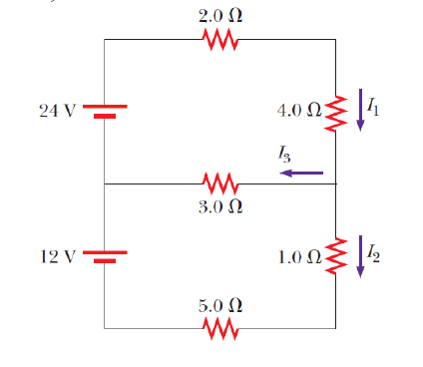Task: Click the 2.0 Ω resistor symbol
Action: click(x=219, y=40)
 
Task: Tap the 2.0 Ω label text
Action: click(x=219, y=16)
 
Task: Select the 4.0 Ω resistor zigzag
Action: click(x=336, y=112)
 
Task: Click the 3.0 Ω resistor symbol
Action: click(x=219, y=183)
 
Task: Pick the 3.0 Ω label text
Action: click(x=219, y=207)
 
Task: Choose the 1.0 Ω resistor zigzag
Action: click(x=336, y=254)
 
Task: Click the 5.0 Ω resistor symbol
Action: click(x=219, y=327)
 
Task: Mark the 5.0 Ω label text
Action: click(x=219, y=304)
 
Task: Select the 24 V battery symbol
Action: click(x=104, y=111)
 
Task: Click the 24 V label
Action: click(x=57, y=111)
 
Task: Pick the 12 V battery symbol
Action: click(x=104, y=255)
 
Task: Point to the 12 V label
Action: click(x=57, y=255)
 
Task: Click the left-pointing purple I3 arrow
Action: click(x=301, y=173)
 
